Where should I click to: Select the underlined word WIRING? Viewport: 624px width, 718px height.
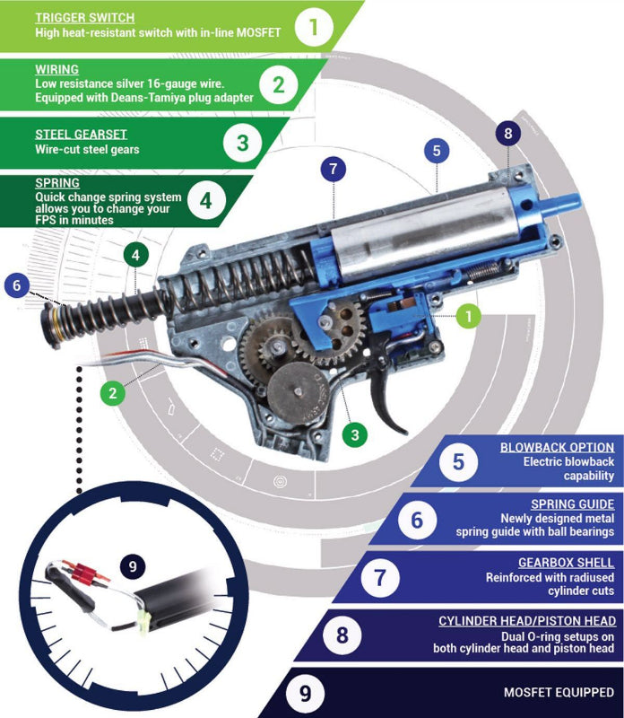click(x=56, y=68)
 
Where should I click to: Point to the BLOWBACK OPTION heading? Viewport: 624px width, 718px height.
click(x=557, y=447)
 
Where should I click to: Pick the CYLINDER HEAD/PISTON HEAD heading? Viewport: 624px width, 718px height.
click(x=526, y=621)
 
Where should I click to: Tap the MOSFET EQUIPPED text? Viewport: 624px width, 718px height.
click(x=558, y=693)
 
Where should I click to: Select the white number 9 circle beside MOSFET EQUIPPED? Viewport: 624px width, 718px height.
click(x=306, y=693)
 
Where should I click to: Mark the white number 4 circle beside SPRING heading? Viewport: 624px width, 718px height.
click(x=205, y=200)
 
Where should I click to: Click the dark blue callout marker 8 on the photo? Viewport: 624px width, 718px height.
click(x=507, y=135)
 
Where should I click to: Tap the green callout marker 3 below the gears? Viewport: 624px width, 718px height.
click(x=355, y=434)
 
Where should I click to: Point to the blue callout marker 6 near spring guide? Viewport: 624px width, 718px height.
click(x=15, y=286)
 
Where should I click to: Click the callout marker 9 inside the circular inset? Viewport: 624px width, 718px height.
click(x=133, y=566)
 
